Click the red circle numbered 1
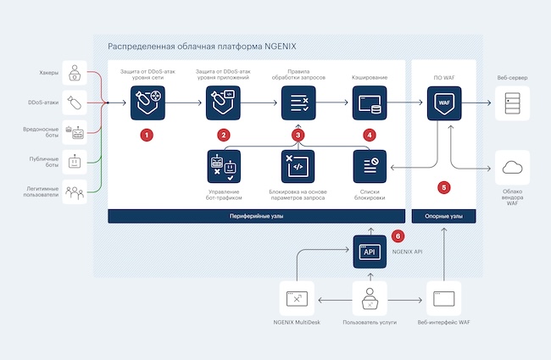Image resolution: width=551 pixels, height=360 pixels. tap(147, 135)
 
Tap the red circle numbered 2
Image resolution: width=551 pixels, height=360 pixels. tap(223, 135)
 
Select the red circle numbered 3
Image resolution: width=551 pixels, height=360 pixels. tap(298, 135)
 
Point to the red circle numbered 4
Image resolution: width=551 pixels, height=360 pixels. tap(369, 135)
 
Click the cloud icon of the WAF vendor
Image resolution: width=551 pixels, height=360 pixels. tap(512, 167)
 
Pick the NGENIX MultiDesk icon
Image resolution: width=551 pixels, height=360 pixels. tap(297, 298)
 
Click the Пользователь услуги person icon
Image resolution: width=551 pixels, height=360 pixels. tap(369, 298)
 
